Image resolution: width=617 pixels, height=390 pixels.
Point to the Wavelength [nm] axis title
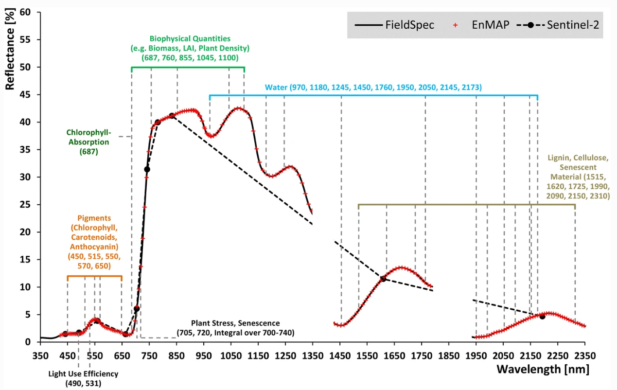[543, 369]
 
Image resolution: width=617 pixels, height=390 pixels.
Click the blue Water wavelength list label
[373, 88]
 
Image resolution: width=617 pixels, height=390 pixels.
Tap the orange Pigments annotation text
[94, 240]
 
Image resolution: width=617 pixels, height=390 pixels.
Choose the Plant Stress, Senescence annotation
[235, 328]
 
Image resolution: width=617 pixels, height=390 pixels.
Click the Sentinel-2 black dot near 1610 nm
[383, 279]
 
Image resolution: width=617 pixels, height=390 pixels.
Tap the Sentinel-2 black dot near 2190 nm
[542, 316]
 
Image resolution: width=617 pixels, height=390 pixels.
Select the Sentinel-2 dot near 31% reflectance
[147, 169]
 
